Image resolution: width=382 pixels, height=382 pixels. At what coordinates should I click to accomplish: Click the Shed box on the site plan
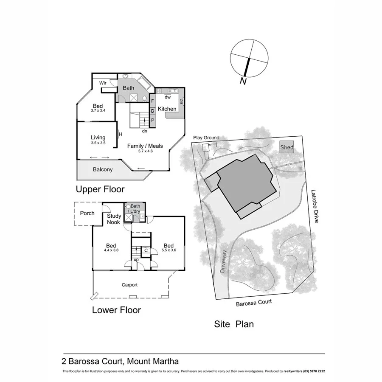click(287, 147)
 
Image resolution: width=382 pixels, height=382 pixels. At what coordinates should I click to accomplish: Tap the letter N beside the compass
click(243, 81)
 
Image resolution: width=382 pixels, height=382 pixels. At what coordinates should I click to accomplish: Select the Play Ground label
click(206, 138)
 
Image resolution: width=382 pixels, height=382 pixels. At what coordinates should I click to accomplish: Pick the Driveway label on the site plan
click(224, 261)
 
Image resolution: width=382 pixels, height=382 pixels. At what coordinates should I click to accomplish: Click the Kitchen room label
click(167, 109)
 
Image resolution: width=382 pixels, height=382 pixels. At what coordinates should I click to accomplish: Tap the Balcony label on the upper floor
click(103, 169)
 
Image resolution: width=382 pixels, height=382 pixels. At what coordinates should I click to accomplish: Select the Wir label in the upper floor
click(103, 83)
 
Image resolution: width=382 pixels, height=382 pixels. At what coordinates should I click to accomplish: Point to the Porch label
click(87, 213)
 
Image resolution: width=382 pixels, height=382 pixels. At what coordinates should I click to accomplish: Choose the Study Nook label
click(114, 219)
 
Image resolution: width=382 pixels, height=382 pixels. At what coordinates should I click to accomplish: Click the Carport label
click(130, 285)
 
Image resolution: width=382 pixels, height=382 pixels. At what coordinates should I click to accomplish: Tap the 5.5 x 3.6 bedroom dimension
click(169, 251)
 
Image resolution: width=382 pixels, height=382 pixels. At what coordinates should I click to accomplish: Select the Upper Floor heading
click(100, 189)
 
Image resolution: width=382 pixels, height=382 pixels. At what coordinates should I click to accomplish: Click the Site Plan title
click(233, 324)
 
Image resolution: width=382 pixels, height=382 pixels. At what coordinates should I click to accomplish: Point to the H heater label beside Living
click(121, 135)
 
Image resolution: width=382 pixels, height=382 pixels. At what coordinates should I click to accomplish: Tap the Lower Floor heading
click(116, 310)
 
